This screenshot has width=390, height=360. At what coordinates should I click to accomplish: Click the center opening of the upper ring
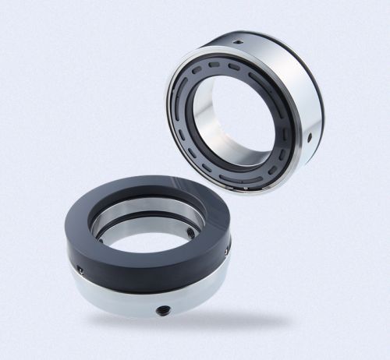pyautogui.click(x=234, y=117)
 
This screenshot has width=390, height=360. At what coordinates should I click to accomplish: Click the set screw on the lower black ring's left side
pyautogui.click(x=80, y=270)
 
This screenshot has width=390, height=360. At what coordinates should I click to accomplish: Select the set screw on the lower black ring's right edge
pyautogui.click(x=227, y=250)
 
